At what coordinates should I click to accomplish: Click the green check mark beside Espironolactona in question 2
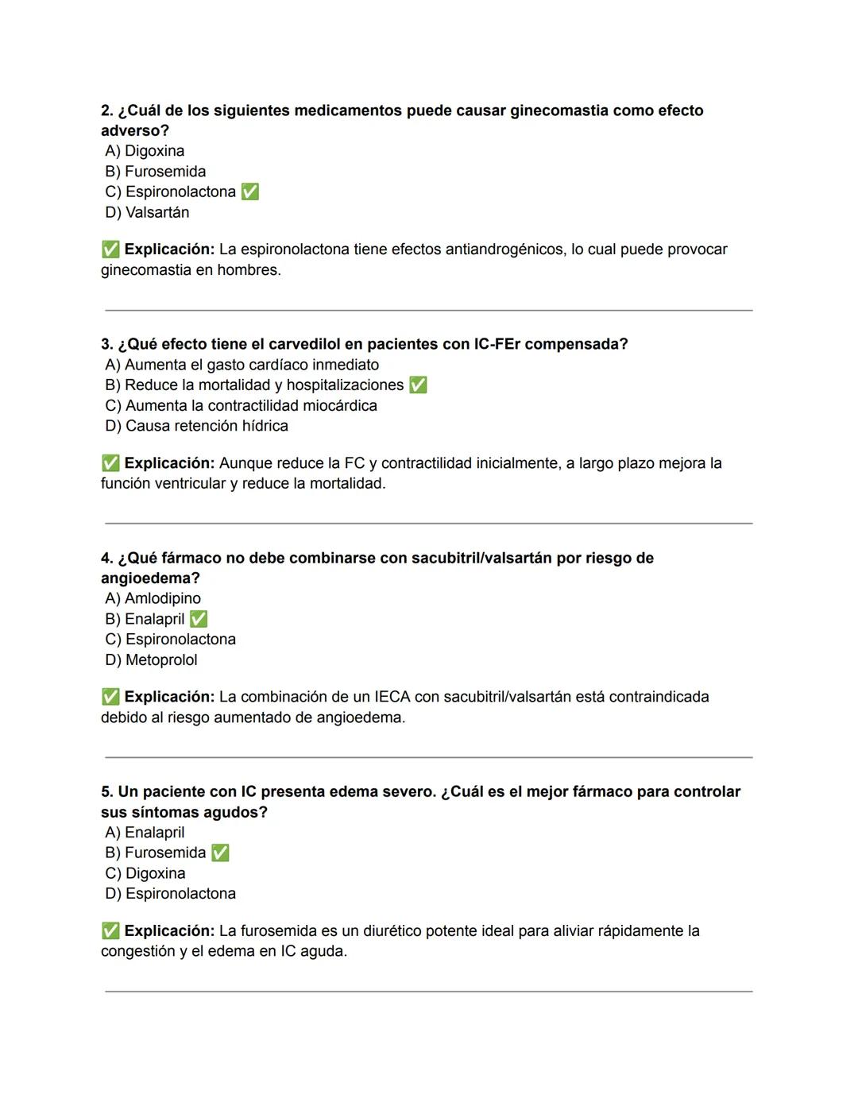coord(249,192)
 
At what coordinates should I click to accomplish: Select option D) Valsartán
coord(147,212)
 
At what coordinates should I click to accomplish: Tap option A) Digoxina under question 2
coord(145,151)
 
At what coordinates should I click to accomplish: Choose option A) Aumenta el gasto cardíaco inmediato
coord(242,365)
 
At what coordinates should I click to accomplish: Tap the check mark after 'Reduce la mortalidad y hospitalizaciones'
coord(418,385)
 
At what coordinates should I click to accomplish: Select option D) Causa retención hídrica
coord(196,426)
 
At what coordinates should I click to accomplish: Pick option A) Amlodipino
coord(153,598)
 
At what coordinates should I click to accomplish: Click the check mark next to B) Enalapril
coord(199,619)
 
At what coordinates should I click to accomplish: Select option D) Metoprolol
coord(151,659)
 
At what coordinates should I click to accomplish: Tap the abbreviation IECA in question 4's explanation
coord(392,697)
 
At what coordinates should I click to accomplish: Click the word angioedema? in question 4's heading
coord(150,578)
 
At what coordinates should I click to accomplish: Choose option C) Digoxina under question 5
coord(145,873)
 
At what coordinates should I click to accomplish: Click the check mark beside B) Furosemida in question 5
coord(220,853)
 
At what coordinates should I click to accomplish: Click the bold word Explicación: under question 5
coord(169,930)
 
